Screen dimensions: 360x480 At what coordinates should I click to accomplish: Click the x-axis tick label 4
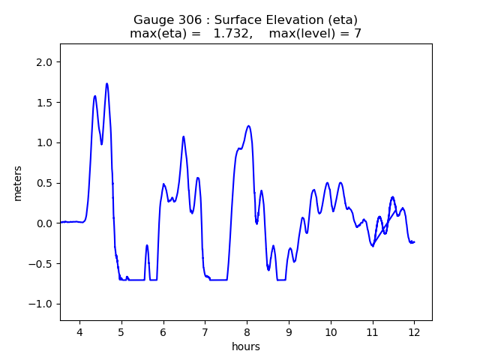tap(79, 331)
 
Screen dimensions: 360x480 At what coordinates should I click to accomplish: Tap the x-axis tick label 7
tap(205, 331)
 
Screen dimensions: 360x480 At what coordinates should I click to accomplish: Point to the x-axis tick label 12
tap(414, 331)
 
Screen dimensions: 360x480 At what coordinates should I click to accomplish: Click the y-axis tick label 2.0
tap(44, 62)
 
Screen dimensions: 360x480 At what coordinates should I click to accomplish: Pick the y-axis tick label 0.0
tap(44, 223)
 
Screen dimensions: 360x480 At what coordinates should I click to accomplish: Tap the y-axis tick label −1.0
tap(41, 304)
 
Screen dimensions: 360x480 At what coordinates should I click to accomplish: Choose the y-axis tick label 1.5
tap(44, 103)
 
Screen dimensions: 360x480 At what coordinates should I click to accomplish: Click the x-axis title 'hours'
tap(246, 346)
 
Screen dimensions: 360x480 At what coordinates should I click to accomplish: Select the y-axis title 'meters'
tap(18, 183)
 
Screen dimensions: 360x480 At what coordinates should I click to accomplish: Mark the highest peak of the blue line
tap(107, 83)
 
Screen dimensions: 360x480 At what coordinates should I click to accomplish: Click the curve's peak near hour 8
tap(248, 126)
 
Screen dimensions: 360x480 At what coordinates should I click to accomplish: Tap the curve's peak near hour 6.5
tap(183, 136)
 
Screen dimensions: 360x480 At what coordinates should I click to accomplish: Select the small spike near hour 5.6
tap(147, 245)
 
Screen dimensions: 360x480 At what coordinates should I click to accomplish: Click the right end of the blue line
tap(414, 242)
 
